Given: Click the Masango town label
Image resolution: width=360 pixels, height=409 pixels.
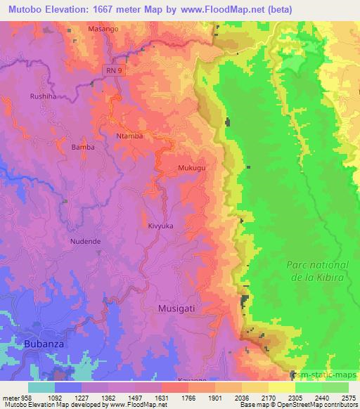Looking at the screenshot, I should pos(103,30).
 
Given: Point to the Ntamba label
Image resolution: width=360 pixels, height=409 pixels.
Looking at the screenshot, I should pos(129,136).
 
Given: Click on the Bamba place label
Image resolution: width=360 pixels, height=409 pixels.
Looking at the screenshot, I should pos(83,148).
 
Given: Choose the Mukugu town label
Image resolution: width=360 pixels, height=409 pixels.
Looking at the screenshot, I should pos(192,169).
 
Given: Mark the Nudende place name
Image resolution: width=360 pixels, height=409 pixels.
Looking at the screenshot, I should pos(86,241).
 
